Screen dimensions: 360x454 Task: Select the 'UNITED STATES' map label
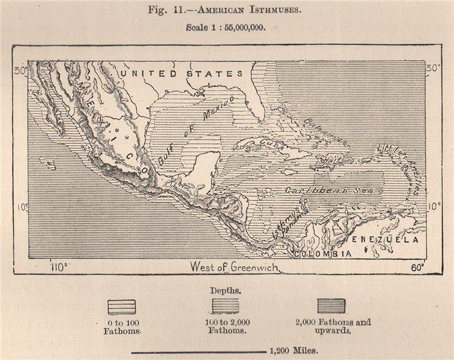180,73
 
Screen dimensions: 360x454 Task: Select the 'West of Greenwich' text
234,267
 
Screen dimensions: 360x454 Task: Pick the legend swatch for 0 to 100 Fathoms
121,307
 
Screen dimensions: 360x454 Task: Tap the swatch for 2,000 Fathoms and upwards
331,306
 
